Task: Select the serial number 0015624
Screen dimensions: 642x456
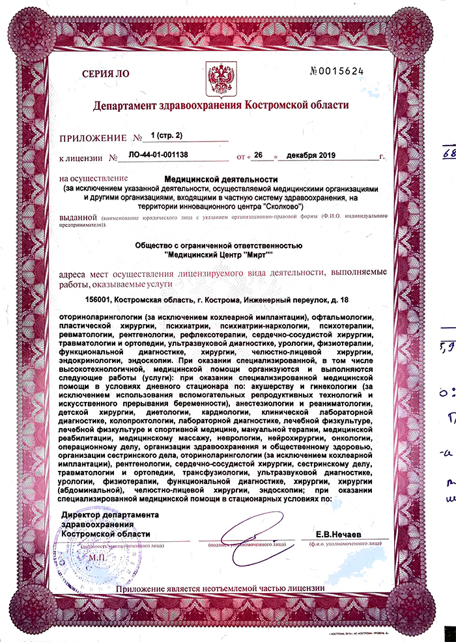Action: click(356, 70)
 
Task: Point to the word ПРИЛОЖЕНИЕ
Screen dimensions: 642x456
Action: click(91, 138)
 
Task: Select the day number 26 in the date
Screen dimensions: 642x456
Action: click(259, 157)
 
